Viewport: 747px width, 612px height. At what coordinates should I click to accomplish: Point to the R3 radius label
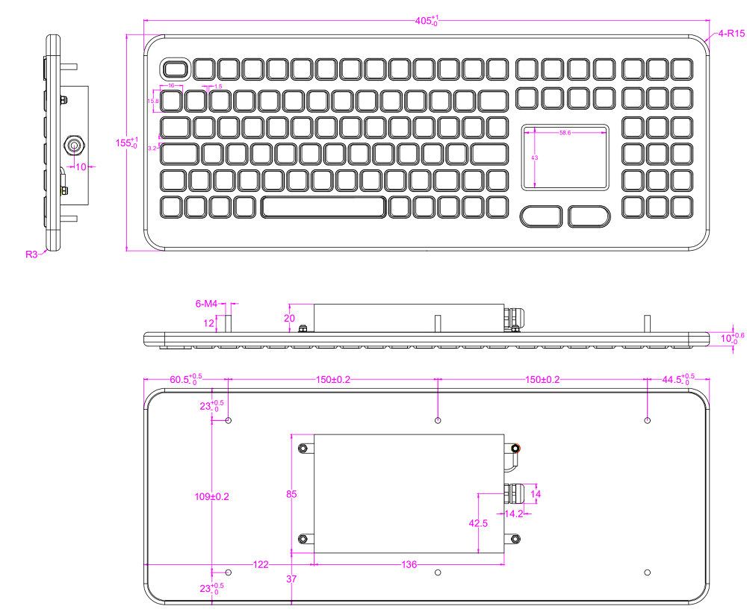tap(31, 255)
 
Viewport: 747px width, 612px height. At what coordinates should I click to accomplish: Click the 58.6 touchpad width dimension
tap(565, 133)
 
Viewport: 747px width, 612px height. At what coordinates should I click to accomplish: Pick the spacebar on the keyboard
tap(323, 207)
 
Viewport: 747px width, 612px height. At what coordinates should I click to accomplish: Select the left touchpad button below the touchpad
tap(542, 216)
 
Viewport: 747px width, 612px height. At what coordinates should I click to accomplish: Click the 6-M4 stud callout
tap(206, 304)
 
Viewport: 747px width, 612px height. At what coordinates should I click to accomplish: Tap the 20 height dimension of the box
tap(290, 316)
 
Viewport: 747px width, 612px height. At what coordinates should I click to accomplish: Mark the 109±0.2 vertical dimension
tap(201, 496)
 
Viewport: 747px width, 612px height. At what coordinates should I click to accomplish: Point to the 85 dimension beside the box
tap(291, 494)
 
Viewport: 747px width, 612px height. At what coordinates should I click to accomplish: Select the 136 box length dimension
tap(409, 565)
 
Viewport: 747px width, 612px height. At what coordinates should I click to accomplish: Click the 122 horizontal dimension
tap(260, 565)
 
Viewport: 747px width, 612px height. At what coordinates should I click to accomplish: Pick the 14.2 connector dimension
tap(513, 514)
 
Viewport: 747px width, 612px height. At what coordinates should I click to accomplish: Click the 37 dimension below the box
tap(291, 578)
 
